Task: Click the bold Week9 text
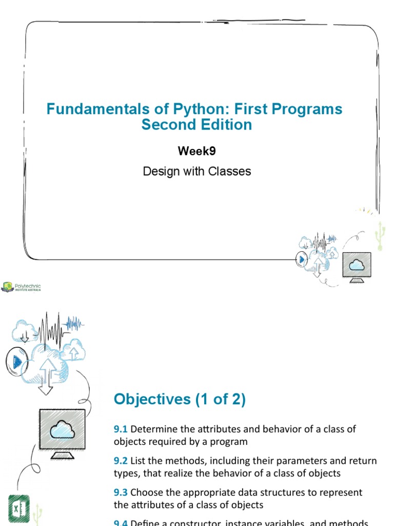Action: click(196, 152)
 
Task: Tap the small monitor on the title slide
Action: click(357, 267)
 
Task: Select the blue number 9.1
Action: click(121, 429)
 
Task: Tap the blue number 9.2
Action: click(121, 461)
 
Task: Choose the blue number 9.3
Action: click(121, 493)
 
